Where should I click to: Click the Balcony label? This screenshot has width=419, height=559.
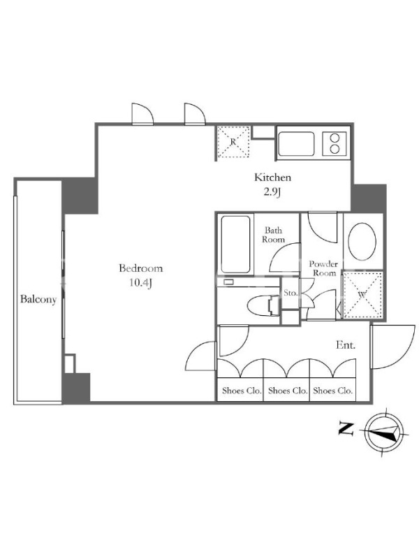pyautogui.click(x=38, y=299)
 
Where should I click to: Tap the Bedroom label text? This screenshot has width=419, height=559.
pyautogui.click(x=141, y=268)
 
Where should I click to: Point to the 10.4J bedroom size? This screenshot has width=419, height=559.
pyautogui.click(x=141, y=283)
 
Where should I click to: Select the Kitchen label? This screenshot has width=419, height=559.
pyautogui.click(x=272, y=177)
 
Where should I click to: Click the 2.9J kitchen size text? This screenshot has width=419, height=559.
pyautogui.click(x=272, y=192)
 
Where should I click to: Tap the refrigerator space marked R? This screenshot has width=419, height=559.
pyautogui.click(x=233, y=142)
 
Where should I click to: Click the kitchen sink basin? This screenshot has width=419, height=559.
pyautogui.click(x=296, y=144)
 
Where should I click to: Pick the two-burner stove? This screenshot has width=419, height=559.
pyautogui.click(x=335, y=144)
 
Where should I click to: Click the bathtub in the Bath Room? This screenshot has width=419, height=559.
pyautogui.click(x=235, y=245)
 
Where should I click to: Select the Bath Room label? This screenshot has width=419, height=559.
pyautogui.click(x=274, y=235)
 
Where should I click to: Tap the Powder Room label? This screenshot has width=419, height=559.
pyautogui.click(x=323, y=268)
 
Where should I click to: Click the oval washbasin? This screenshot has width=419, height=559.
pyautogui.click(x=362, y=241)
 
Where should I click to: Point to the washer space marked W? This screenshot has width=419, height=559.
pyautogui.click(x=362, y=294)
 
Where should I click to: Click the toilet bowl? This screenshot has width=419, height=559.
pyautogui.click(x=263, y=305)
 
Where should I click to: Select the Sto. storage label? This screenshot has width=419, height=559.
pyautogui.click(x=291, y=293)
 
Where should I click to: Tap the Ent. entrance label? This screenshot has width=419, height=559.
pyautogui.click(x=346, y=344)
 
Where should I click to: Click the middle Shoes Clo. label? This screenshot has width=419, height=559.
pyautogui.click(x=288, y=391)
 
